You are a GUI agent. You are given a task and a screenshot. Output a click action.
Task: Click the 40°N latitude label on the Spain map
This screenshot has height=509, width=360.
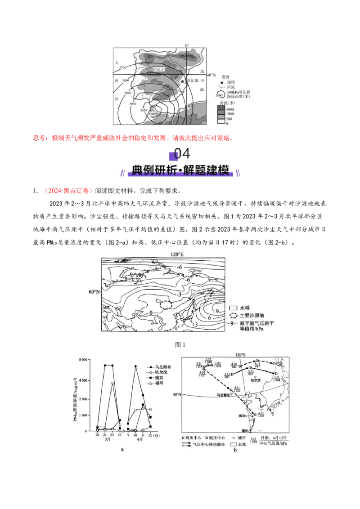(211, 75)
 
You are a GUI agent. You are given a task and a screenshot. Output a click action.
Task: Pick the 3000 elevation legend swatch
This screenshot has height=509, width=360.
(220, 110)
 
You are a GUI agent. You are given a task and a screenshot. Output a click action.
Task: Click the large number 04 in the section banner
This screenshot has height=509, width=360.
(182, 154)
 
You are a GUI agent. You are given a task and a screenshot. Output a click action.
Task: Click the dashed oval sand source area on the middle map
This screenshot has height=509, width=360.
(166, 304)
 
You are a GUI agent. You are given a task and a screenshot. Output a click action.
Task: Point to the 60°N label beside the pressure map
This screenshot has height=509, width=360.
(94, 291)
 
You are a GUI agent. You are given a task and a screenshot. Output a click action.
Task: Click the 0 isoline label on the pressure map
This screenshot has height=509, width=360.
(151, 312)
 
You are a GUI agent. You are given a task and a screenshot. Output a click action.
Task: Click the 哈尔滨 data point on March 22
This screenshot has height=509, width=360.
(112, 383)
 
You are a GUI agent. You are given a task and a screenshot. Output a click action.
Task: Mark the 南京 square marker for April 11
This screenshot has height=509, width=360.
(143, 405)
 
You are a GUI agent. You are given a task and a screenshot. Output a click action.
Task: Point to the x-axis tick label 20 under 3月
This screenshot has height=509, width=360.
(97, 435)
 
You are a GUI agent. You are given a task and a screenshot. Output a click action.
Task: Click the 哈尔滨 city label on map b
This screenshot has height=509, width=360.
(255, 380)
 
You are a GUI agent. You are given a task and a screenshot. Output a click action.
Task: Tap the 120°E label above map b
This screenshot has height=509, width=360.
(242, 354)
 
